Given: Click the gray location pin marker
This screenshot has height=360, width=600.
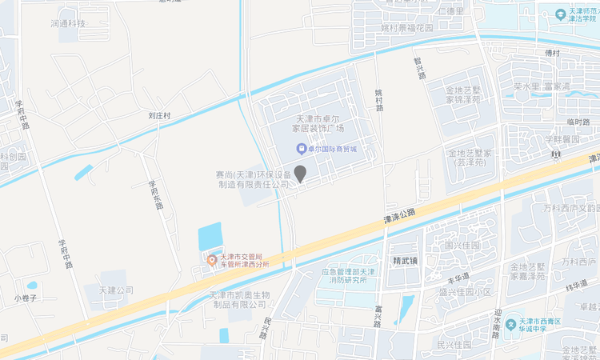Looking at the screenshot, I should (x=300, y=173).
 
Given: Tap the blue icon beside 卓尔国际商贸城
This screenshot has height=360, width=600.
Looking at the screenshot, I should (x=300, y=149).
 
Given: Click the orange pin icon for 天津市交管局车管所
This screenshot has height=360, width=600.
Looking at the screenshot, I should (x=212, y=259).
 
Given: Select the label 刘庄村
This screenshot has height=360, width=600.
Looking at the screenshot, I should (x=160, y=115).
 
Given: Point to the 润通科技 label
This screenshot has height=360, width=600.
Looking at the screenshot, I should (x=67, y=24).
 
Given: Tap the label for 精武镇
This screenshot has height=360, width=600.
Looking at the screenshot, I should (x=406, y=260).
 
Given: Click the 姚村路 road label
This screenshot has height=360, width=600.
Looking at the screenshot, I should (x=379, y=99).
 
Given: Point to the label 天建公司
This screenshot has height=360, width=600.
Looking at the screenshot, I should (x=116, y=290).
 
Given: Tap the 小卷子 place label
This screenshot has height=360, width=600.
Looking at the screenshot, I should (x=26, y=298).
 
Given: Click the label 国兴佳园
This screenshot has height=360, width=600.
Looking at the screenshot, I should (x=462, y=245).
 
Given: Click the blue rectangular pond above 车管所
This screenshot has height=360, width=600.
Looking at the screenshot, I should (x=210, y=237).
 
